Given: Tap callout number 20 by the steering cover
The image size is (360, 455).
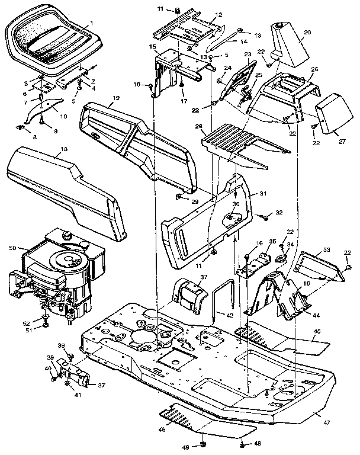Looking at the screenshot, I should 307,33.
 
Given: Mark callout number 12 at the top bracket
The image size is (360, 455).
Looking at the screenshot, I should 202,14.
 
